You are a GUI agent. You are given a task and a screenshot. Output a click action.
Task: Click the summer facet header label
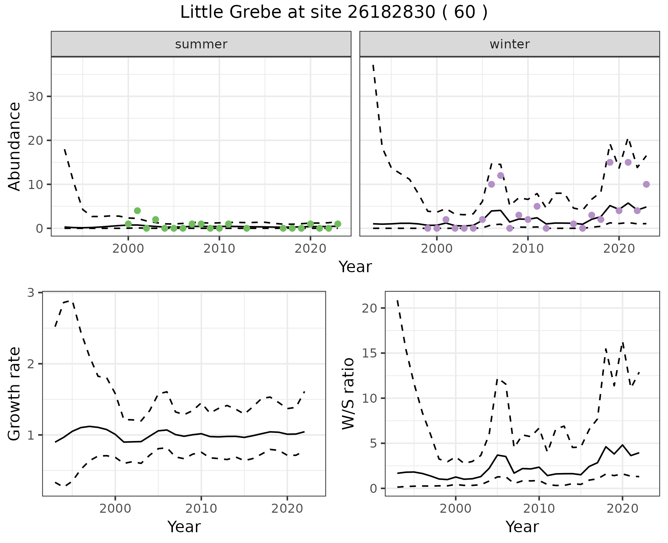click(x=201, y=44)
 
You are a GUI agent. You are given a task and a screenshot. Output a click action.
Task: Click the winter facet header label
click(x=509, y=44)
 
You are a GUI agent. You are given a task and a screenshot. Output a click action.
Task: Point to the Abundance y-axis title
click(x=15, y=146)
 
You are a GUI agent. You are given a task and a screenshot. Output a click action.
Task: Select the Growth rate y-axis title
click(x=15, y=394)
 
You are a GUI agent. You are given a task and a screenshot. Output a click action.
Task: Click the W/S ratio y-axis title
click(x=348, y=394)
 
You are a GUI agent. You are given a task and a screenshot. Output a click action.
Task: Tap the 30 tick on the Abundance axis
click(x=35, y=96)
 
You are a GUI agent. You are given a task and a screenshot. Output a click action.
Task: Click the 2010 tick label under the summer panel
click(x=219, y=249)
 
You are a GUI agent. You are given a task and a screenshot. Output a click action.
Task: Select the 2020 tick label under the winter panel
click(x=619, y=249)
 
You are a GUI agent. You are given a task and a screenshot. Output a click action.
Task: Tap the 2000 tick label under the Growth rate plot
click(x=115, y=509)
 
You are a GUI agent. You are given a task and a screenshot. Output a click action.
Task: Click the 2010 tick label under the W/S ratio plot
click(x=539, y=509)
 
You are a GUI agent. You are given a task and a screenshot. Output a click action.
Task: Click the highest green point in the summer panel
click(x=137, y=211)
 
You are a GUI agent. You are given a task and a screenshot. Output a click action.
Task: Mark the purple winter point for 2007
click(x=501, y=175)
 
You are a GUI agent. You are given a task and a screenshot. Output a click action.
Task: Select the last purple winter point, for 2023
click(x=646, y=184)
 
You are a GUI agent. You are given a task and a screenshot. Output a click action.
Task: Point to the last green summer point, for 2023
click(x=337, y=224)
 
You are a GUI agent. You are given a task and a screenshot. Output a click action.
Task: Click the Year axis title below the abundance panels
click(x=355, y=267)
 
